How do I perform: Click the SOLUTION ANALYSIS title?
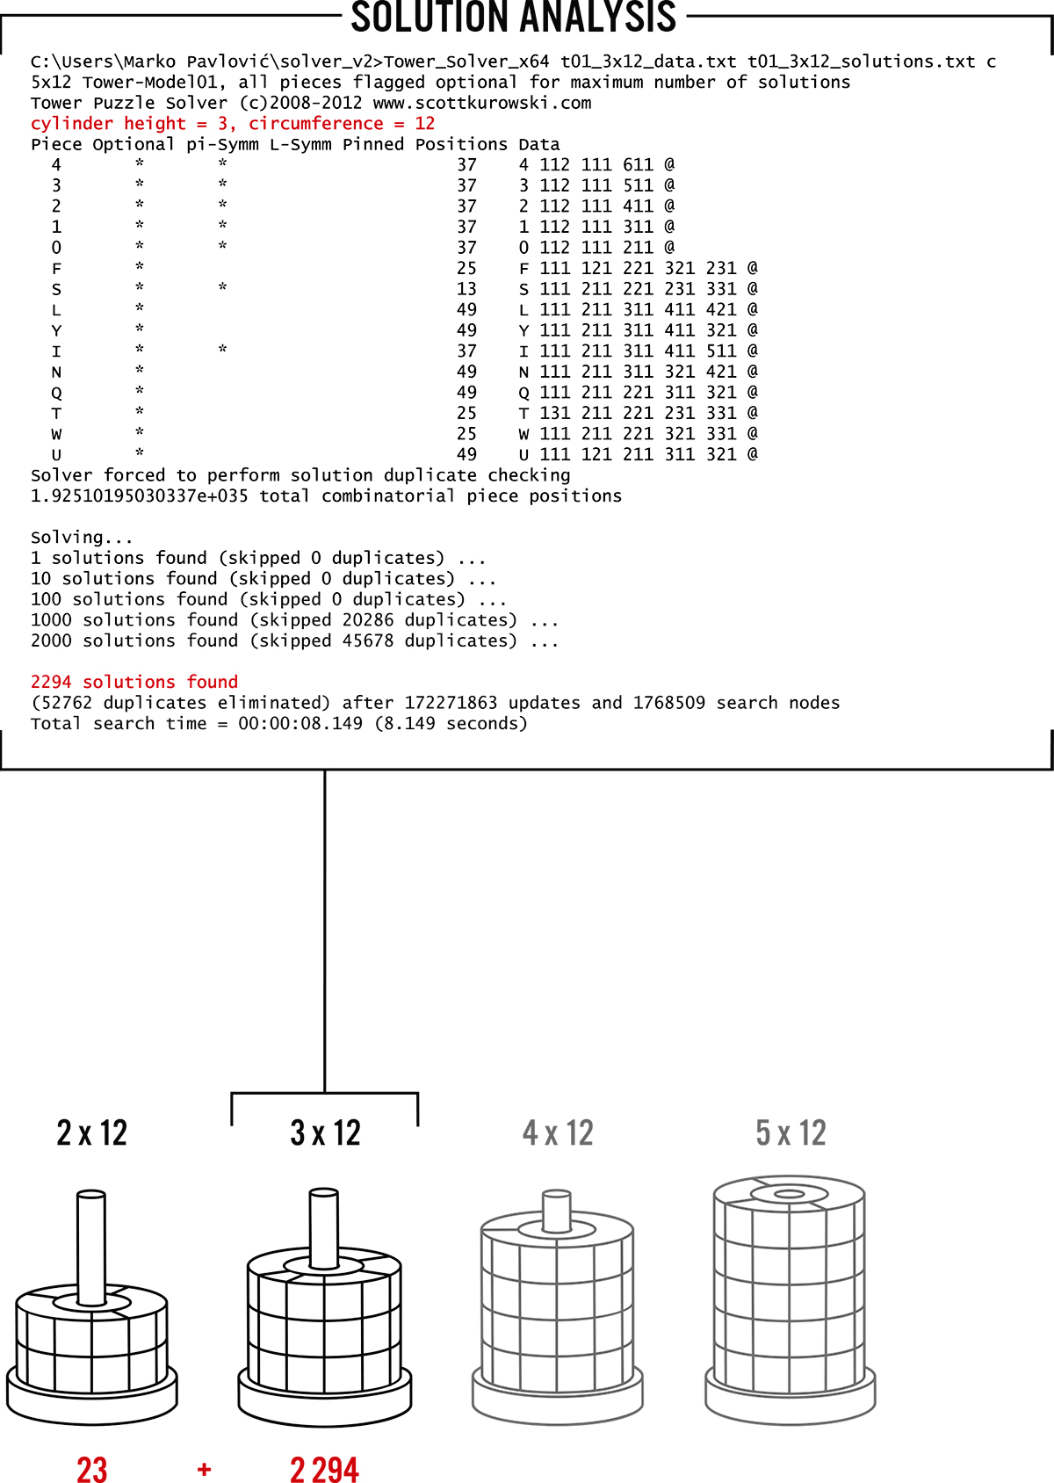point(514,18)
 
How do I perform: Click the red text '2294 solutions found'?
point(134,682)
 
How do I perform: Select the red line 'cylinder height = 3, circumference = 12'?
point(233,124)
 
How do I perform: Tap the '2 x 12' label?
point(92,1133)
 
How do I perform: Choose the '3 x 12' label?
point(326,1133)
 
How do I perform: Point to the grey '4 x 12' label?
point(558,1133)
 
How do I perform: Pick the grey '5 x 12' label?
point(790,1133)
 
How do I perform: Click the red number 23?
point(92,1470)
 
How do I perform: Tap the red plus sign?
point(205,1469)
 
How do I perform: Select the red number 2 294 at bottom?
point(324,1470)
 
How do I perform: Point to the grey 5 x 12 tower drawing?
point(790,1300)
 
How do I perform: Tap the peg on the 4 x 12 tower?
point(556,1211)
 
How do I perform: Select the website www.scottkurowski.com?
point(482,103)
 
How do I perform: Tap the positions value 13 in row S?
point(466,289)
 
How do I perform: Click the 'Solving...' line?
point(82,537)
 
